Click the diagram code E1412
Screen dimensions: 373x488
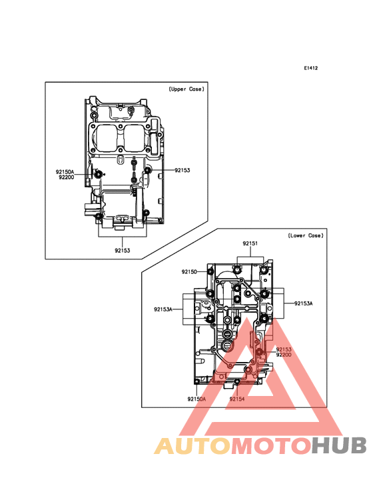click(311, 68)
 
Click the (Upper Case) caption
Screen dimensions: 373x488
click(186, 89)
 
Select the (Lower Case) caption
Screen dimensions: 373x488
click(306, 235)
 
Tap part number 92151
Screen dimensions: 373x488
click(250, 243)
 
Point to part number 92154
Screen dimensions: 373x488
click(237, 399)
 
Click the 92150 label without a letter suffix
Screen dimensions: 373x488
click(189, 272)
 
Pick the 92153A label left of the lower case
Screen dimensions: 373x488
click(163, 309)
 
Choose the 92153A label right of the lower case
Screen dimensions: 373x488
click(303, 303)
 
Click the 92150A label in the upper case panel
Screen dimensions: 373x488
click(65, 172)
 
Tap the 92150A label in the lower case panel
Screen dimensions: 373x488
click(196, 399)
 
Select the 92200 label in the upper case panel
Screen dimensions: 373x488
click(67, 177)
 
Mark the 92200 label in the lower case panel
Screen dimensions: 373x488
click(284, 355)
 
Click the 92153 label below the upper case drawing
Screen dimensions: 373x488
click(123, 250)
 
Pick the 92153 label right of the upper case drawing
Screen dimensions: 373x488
click(182, 170)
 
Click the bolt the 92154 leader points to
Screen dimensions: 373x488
click(237, 381)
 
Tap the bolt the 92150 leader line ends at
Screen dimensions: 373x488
click(210, 272)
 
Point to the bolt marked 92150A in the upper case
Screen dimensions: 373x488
click(98, 174)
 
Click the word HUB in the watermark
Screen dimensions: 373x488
click(340, 445)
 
